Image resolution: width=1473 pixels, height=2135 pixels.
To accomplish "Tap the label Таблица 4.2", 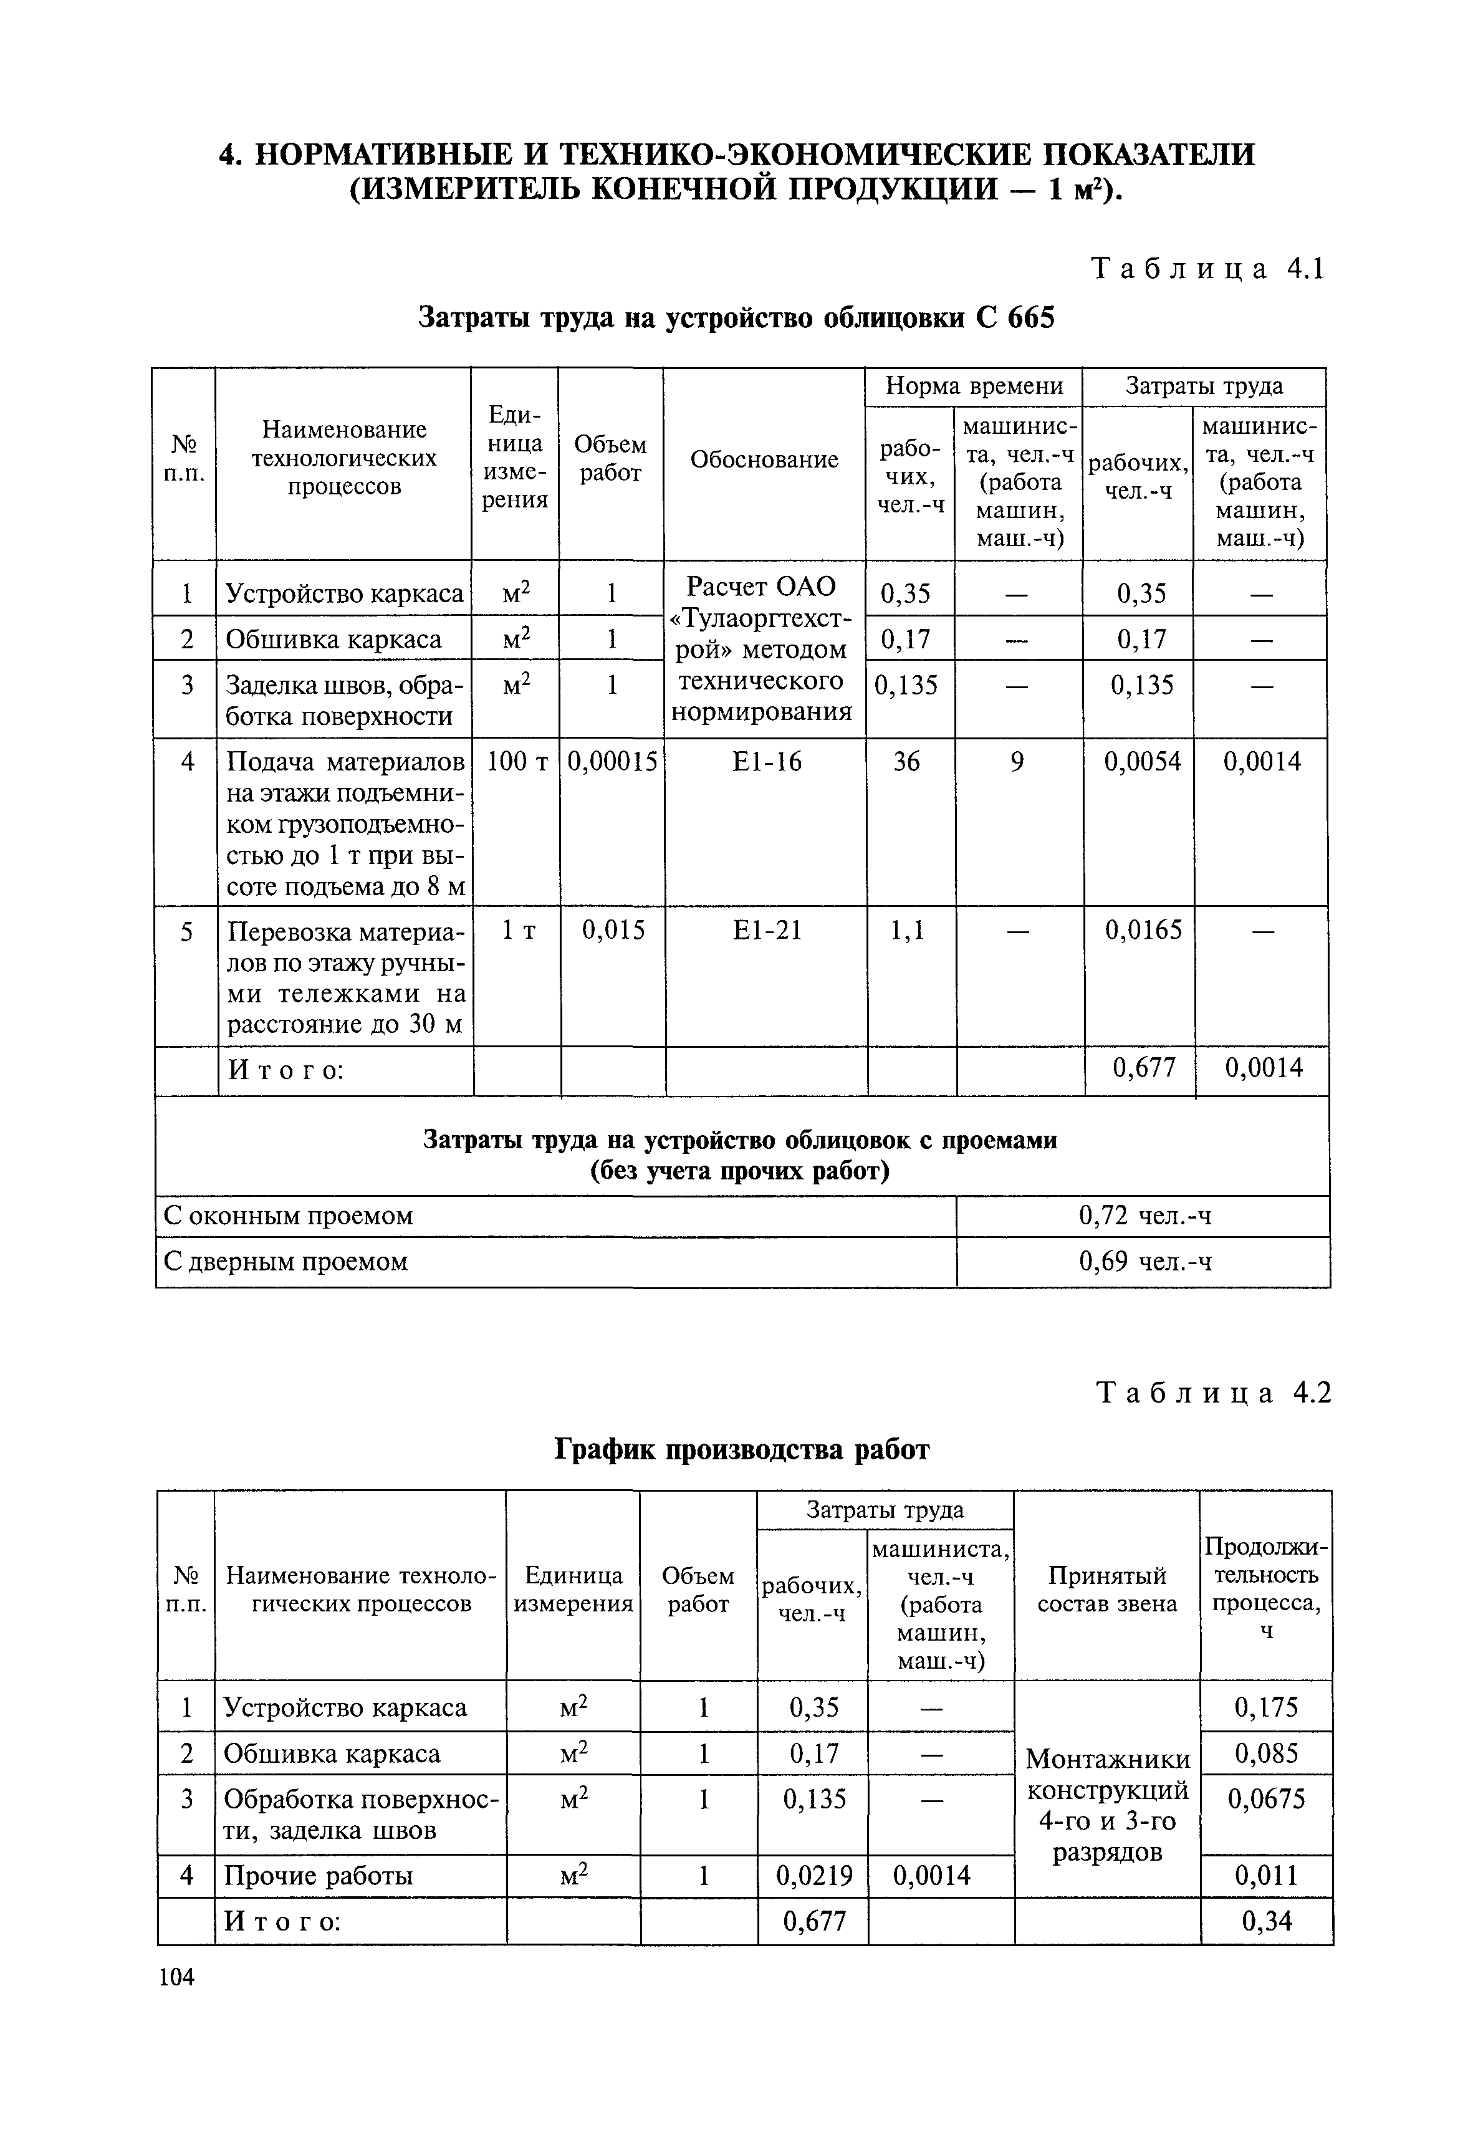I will pos(1214,1393).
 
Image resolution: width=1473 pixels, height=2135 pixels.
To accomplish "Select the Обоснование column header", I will pos(764,459).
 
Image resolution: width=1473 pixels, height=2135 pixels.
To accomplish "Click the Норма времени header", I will pos(974,386).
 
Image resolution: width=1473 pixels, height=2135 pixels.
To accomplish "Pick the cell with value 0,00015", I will pos(612,762).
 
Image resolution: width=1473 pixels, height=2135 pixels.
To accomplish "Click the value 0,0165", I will pos(1143,930).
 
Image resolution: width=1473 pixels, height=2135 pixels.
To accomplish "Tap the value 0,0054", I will pos(1143,762).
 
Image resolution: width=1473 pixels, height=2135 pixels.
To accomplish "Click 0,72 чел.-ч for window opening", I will pos(1144,1216).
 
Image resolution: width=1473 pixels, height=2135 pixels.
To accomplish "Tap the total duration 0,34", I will pos(1266,1921).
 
